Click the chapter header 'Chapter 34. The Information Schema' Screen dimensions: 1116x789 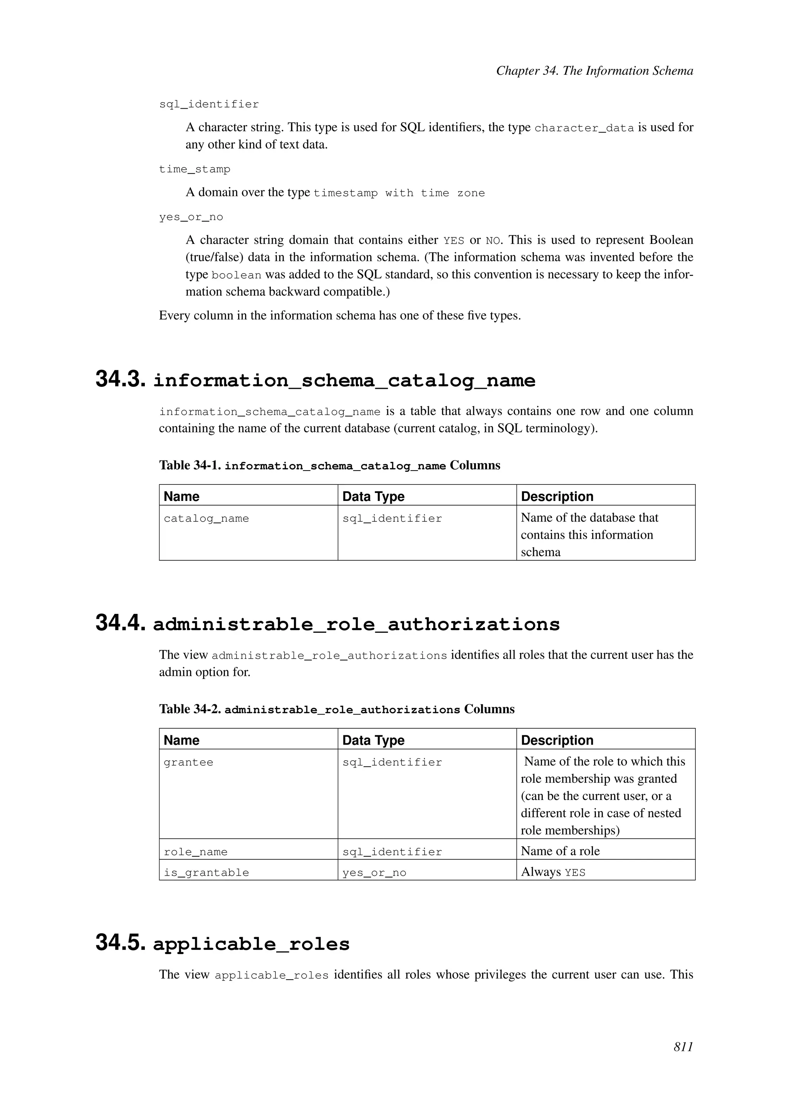click(x=594, y=71)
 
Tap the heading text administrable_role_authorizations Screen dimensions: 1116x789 click(x=356, y=624)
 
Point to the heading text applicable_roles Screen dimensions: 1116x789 click(x=251, y=944)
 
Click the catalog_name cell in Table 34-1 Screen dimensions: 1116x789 click(x=206, y=519)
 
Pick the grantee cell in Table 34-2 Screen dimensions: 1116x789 click(x=188, y=763)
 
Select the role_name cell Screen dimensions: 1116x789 click(x=195, y=852)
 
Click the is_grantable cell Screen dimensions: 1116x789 click(x=206, y=873)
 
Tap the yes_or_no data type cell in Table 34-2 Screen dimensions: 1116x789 click(x=374, y=873)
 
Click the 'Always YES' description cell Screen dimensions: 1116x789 click(x=553, y=872)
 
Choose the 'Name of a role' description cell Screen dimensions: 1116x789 click(x=560, y=851)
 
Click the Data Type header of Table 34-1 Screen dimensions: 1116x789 click(x=373, y=496)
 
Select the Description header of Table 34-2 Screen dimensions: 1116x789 click(x=557, y=740)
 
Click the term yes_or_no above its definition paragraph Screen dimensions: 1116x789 click(x=191, y=217)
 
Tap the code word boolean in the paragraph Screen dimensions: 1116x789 click(x=236, y=275)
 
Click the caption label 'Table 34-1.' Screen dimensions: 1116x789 click(x=190, y=466)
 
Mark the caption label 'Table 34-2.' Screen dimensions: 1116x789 click(x=190, y=709)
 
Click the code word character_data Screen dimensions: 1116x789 click(x=584, y=128)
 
